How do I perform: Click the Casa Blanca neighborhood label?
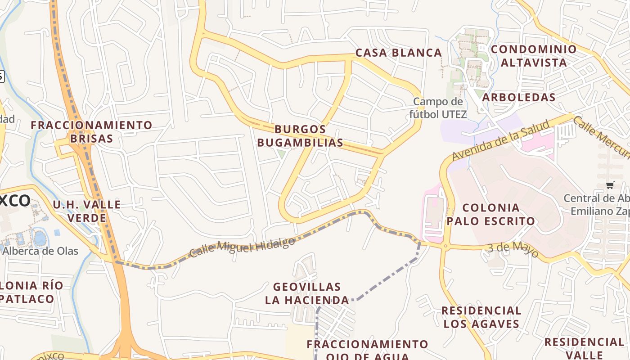[398, 53]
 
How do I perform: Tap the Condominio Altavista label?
[534, 56]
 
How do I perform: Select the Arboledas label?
[518, 97]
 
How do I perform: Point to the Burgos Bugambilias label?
[300, 136]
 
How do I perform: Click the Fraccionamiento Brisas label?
[91, 131]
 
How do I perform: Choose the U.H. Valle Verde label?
[86, 211]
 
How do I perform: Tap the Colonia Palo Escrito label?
[491, 214]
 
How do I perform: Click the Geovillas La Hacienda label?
[307, 293]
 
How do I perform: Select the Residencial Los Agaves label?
[481, 317]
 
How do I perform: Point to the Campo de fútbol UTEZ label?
[437, 108]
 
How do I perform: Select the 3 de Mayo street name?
[513, 250]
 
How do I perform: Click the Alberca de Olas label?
[40, 251]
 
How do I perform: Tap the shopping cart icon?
[610, 185]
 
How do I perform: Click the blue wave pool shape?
[39, 238]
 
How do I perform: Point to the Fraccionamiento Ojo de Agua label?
[367, 350]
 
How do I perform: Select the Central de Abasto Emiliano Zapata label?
[596, 205]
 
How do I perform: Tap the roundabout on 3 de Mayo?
[445, 246]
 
